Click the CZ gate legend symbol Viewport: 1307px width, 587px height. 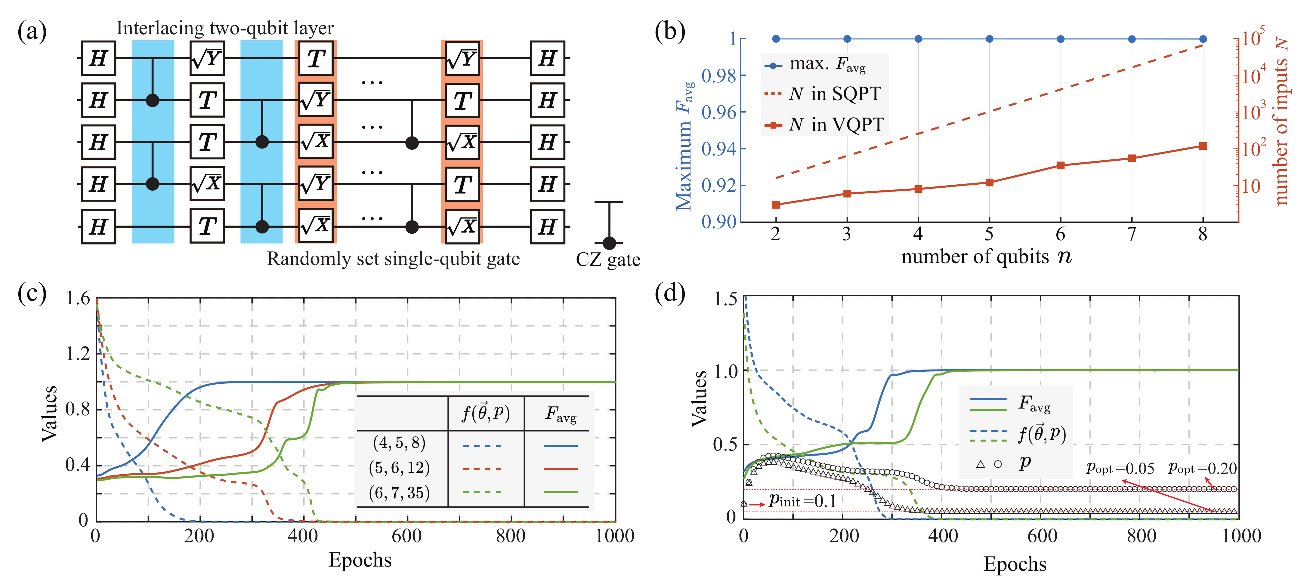[608, 223]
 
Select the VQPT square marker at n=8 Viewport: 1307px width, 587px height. [1203, 146]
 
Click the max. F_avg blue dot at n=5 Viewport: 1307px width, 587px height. [989, 38]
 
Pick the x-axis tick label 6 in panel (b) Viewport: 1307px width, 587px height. [1060, 234]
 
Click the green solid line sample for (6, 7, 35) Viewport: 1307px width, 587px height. [560, 492]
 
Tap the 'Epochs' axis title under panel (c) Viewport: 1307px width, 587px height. [360, 560]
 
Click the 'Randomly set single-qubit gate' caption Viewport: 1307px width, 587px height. [393, 259]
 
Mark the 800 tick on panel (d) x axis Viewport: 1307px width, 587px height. [1141, 536]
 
